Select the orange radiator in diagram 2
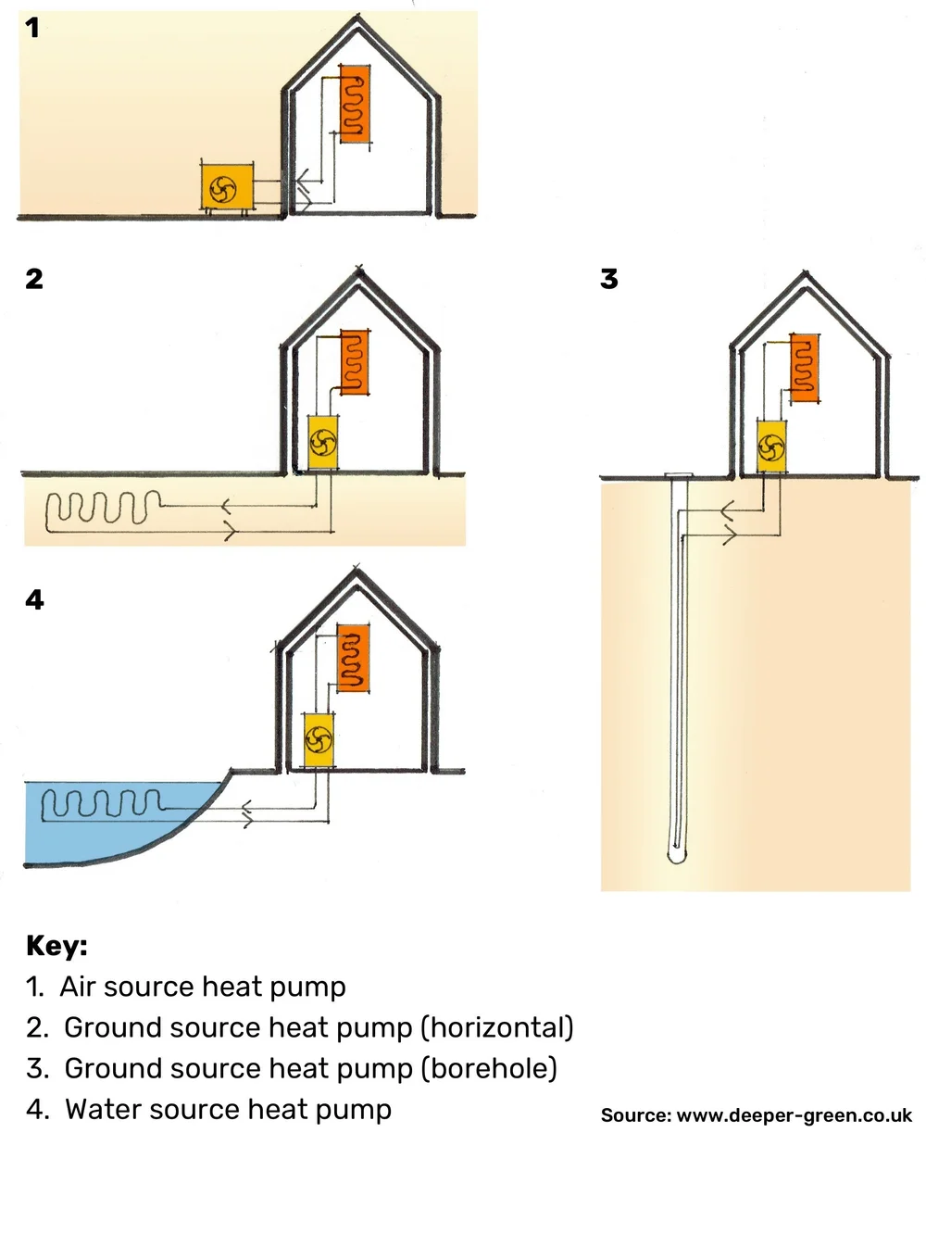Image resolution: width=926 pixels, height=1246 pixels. coord(354,362)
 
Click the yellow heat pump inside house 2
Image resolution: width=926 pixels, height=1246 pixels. coord(323,443)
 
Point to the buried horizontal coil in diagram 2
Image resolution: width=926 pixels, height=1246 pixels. coord(102,510)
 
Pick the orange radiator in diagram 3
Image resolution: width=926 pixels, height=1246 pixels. coord(805,369)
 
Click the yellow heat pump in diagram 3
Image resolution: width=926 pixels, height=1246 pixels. coord(771,447)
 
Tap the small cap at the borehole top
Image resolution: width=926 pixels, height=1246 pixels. coord(678,476)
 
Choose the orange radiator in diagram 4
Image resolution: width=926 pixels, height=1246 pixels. coord(353,659)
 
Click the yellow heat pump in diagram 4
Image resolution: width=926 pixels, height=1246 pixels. coord(319,739)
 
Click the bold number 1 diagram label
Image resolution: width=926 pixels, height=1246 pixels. coord(32,28)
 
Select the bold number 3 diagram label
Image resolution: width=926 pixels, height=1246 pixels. coord(608,279)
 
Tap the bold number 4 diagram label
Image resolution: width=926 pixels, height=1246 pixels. coord(34,599)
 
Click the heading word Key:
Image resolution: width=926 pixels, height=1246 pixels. coord(56,946)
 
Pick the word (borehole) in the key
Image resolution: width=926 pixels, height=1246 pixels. coord(489,1068)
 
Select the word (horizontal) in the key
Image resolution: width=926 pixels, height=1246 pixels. coord(497,1027)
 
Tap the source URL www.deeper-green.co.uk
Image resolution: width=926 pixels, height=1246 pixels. coord(794,1115)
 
